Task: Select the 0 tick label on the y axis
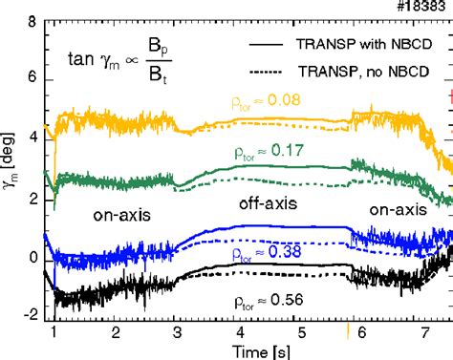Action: (x=33, y=259)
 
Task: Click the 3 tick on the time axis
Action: (x=177, y=334)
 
